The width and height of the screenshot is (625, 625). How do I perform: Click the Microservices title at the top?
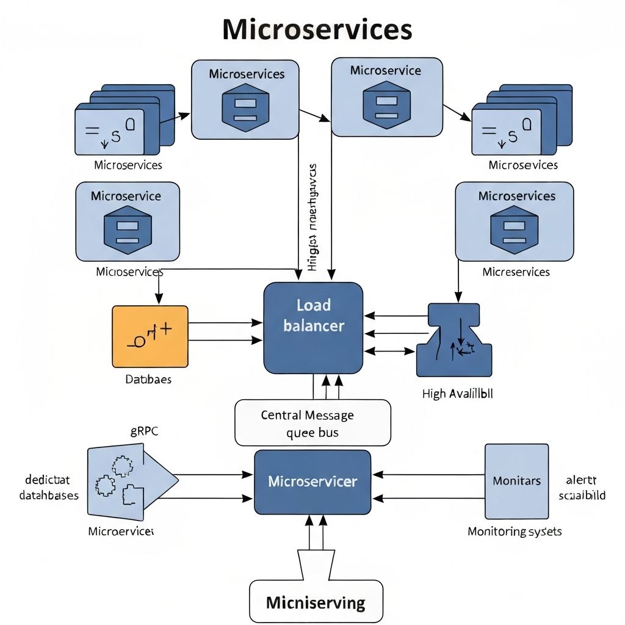click(317, 29)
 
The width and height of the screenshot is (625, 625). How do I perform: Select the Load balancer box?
click(313, 328)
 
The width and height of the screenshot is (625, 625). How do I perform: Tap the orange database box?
click(150, 336)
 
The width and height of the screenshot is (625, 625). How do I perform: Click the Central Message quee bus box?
click(312, 423)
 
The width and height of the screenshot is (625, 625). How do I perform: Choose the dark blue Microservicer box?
click(312, 482)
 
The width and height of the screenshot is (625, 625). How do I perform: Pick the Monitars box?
click(516, 481)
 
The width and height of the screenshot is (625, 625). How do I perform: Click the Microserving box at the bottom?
click(316, 603)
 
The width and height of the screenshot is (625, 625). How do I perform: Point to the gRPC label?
click(144, 431)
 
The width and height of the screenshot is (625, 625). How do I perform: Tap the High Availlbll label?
click(457, 394)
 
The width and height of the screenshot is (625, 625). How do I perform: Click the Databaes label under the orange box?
click(148, 379)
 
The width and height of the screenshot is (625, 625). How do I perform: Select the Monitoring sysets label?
click(515, 531)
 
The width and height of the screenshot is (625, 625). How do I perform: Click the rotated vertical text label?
click(313, 217)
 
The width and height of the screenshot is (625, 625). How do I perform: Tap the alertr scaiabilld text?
click(582, 488)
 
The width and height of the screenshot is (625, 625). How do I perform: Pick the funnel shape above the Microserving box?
click(316, 563)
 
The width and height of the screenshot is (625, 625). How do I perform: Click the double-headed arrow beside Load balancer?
click(390, 351)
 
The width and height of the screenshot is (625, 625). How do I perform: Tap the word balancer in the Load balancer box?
click(313, 325)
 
